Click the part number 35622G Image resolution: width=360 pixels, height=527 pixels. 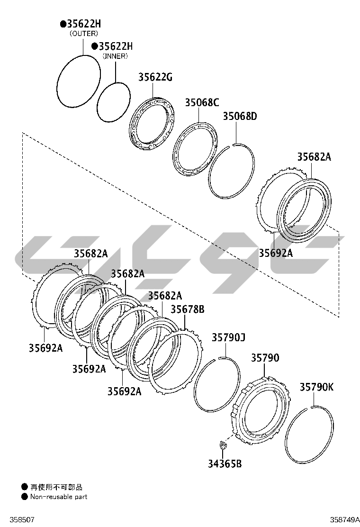[155, 77]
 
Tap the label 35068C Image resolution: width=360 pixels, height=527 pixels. [202, 102]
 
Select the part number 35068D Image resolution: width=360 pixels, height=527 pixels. [240, 116]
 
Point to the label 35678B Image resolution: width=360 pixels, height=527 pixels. [188, 309]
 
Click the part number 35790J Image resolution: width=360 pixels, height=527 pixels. [228, 337]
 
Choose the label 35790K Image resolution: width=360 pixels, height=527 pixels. [317, 387]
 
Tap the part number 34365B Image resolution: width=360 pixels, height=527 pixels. [225, 464]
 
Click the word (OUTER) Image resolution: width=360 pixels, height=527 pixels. [84, 34]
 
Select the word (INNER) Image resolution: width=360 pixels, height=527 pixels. [115, 56]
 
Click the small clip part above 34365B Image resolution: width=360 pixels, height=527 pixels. [222, 446]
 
